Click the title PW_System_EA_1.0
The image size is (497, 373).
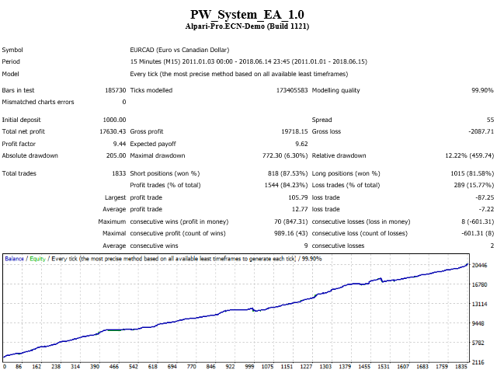[247, 15]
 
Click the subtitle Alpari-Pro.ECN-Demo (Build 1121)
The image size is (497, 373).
[247, 26]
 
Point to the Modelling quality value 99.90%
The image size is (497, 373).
[482, 90]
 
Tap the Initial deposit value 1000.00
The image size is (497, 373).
[114, 120]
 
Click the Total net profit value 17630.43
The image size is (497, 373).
[113, 131]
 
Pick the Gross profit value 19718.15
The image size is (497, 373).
[294, 131]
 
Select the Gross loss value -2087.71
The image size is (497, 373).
[481, 131]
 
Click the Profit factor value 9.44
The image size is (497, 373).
[120, 144]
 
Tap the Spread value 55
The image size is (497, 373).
[490, 120]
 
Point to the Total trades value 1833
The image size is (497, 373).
[119, 173]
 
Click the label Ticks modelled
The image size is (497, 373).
[151, 90]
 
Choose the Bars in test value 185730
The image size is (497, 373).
[116, 90]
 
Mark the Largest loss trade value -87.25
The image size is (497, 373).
[485, 197]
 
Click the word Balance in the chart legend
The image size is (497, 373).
[14, 259]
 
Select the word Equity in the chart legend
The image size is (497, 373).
[38, 259]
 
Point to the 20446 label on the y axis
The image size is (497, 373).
[480, 265]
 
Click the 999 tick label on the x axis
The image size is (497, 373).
[249, 366]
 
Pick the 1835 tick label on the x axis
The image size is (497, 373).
[461, 366]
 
